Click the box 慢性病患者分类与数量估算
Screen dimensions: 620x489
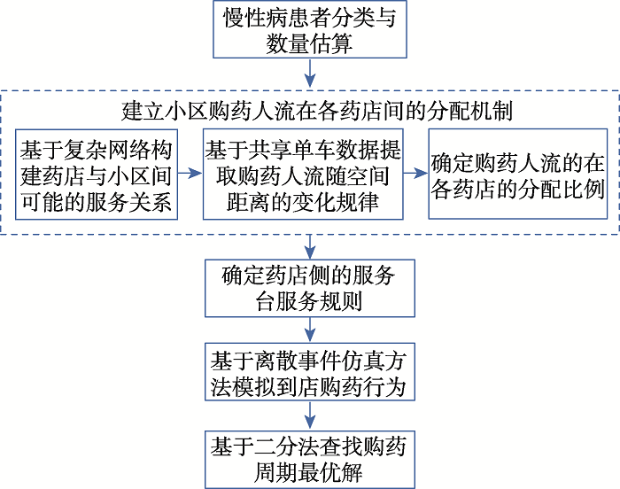pyautogui.click(x=310, y=29)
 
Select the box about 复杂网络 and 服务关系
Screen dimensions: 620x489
pyautogui.click(x=97, y=175)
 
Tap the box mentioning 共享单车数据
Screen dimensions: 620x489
pyautogui.click(x=303, y=175)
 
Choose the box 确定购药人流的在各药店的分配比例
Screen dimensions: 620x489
pyautogui.click(x=518, y=174)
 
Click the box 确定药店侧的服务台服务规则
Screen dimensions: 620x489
pyautogui.click(x=310, y=289)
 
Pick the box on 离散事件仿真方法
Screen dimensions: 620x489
pyautogui.click(x=310, y=372)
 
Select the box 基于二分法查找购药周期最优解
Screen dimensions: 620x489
pyautogui.click(x=310, y=460)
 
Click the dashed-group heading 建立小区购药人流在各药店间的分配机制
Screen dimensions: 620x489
pyautogui.click(x=316, y=111)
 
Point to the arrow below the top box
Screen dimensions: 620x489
pyautogui.click(x=310, y=73)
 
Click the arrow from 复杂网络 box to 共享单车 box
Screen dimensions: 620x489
pyautogui.click(x=190, y=173)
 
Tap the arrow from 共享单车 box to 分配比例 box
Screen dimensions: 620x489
pyautogui.click(x=416, y=173)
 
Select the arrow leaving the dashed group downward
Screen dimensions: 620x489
pyautogui.click(x=310, y=247)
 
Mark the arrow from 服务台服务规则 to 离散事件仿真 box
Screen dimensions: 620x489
pyautogui.click(x=310, y=330)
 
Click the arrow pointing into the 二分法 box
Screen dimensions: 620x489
pyautogui.click(x=310, y=415)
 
